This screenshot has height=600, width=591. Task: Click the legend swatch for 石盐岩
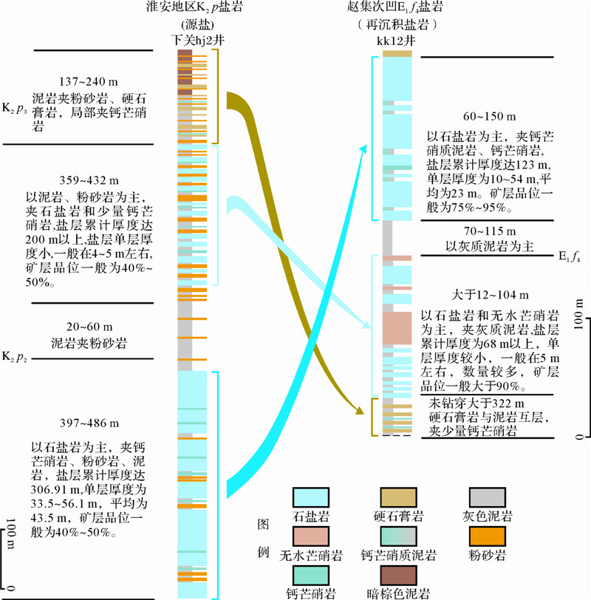311,498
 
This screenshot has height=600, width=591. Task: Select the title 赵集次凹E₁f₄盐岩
396,8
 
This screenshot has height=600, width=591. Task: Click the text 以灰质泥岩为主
481,246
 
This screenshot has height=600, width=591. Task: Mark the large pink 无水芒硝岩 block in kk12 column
396,328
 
